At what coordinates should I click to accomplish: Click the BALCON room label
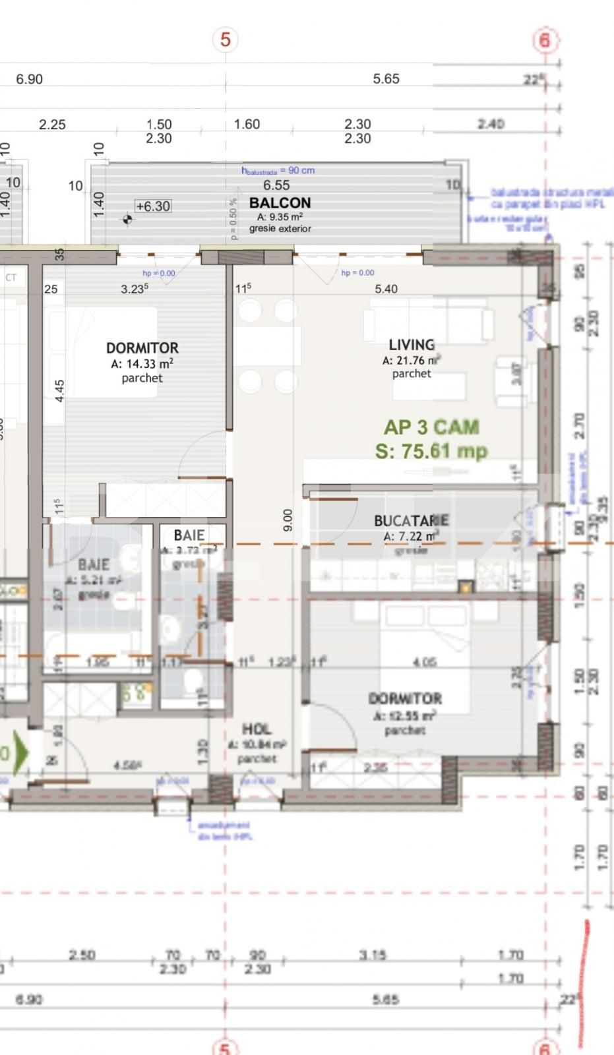pos(280,202)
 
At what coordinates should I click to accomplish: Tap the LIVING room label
pos(412,345)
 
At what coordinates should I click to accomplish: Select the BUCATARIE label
pos(411,521)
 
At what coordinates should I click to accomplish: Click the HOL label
pos(256,729)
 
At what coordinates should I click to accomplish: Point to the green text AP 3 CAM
pos(431,427)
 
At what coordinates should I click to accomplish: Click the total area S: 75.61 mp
pos(431,451)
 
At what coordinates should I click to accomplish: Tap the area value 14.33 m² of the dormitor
pos(142,363)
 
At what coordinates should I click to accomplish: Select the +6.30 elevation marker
pos(153,206)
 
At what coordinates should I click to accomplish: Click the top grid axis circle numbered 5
pos(226,40)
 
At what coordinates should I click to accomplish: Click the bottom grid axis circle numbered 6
pos(544,1047)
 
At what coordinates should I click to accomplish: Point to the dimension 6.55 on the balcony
pos(276,185)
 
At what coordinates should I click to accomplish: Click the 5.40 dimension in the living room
pos(386,289)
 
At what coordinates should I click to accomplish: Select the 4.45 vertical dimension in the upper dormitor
pos(59,390)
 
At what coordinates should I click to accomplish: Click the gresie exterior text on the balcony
pos(280,229)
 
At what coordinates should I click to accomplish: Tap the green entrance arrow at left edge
pos(20,752)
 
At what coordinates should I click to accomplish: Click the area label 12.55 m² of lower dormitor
pos(404,716)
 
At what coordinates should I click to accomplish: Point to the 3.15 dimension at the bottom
pos(373,955)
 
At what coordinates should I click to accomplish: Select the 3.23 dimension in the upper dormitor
pos(134,289)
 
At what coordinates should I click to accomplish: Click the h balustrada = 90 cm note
pos(278,170)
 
